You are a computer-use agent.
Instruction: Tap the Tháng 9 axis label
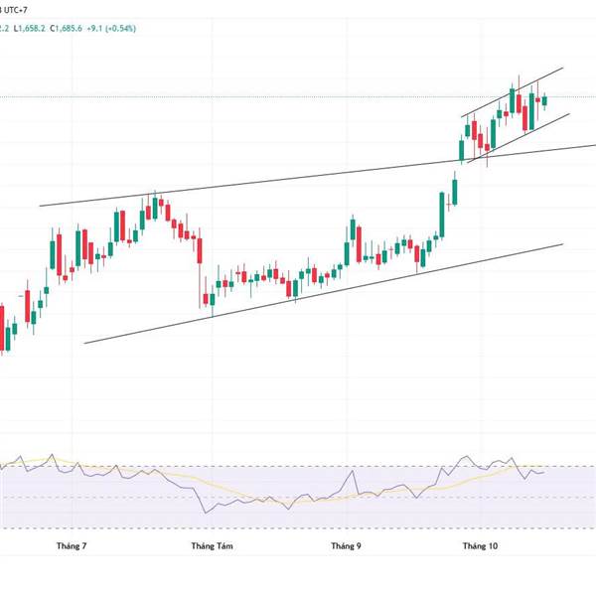(x=346, y=545)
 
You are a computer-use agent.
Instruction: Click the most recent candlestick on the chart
(x=544, y=99)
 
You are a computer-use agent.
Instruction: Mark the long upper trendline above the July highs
(x=298, y=179)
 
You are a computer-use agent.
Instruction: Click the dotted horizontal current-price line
(x=298, y=97)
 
